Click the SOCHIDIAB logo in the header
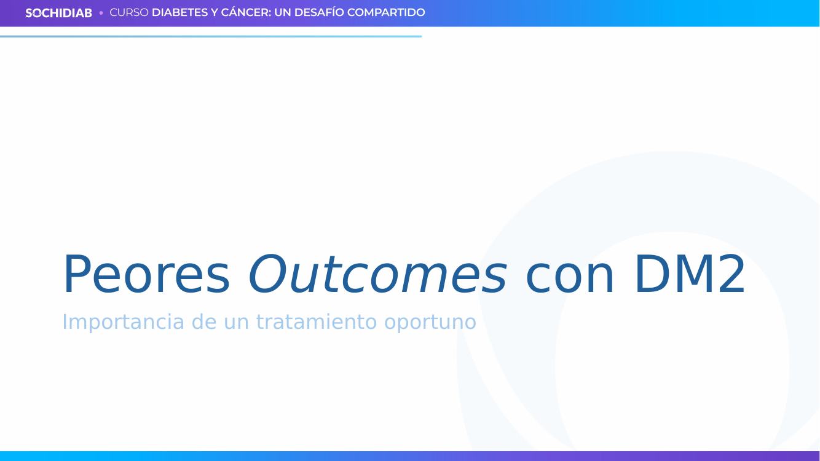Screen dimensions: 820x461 pos(58,13)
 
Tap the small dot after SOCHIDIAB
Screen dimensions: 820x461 pos(101,13)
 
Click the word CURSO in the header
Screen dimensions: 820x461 pos(129,12)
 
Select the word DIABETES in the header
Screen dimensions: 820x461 pos(179,12)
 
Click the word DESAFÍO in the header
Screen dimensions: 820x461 pos(319,12)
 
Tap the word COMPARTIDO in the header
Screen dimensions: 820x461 pos(386,12)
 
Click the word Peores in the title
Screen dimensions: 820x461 pos(146,274)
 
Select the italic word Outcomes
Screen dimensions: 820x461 pos(377,274)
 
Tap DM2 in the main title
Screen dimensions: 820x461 pos(690,274)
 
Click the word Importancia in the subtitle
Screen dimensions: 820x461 pos(123,322)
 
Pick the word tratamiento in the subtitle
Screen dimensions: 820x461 pos(317,321)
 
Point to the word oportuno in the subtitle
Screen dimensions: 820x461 pos(430,323)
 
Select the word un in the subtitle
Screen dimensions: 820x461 pos(236,323)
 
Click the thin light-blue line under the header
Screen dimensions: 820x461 pos(211,36)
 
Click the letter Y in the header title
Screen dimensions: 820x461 pos(215,12)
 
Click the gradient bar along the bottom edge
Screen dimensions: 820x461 pos(410,456)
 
